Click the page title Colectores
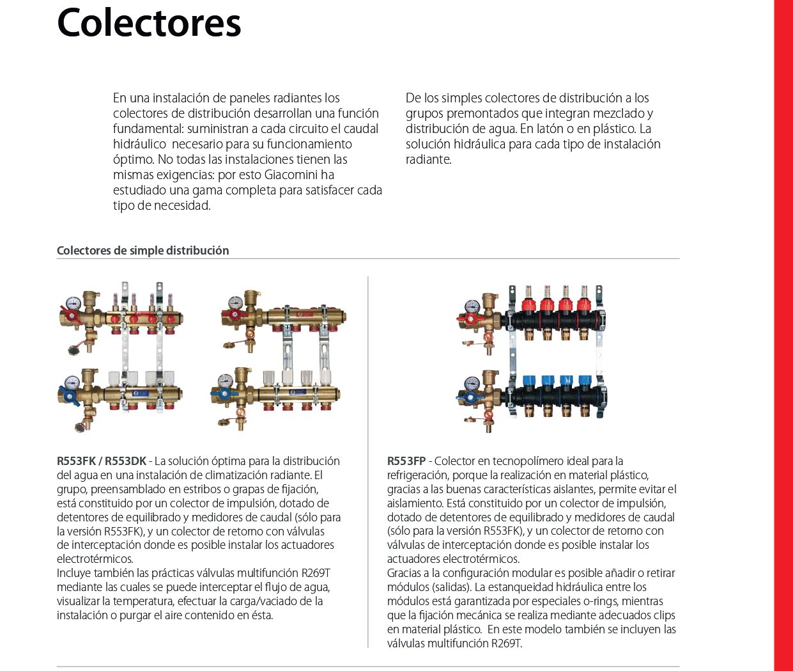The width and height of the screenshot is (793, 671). pos(149,22)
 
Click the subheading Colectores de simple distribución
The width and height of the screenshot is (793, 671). pos(142,250)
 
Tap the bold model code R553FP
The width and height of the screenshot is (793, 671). pos(406,461)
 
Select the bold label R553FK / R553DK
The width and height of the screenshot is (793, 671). pos(102,461)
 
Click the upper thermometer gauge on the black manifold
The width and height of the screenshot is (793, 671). pos(472,306)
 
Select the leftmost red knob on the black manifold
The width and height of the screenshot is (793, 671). pos(528,303)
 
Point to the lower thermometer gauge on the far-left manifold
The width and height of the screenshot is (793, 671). pos(72,382)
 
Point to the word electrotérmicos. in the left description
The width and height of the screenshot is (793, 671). pos(95,559)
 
